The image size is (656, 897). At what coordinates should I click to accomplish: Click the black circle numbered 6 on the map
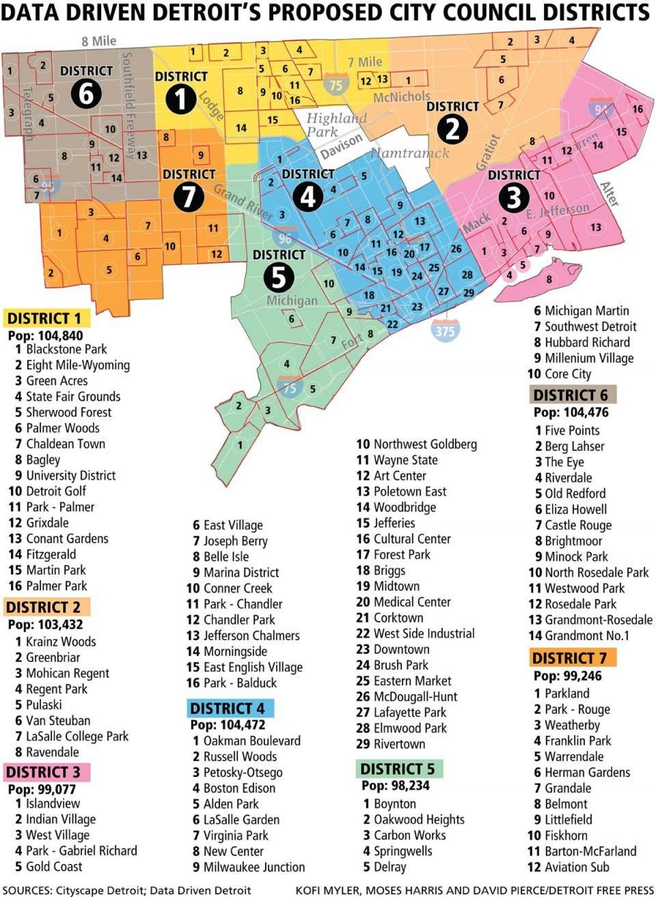[86, 94]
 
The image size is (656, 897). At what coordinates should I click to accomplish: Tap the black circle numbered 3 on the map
[513, 197]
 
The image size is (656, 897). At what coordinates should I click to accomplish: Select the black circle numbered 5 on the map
[279, 278]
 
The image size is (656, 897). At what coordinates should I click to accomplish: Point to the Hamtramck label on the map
[409, 153]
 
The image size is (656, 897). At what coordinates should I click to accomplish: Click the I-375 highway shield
[445, 330]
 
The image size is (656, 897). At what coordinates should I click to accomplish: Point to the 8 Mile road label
[99, 41]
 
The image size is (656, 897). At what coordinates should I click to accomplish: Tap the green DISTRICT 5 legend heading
[397, 769]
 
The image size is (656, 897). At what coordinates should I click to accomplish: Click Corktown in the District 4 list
[398, 618]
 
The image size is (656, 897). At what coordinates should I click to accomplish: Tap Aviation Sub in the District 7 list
[577, 867]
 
